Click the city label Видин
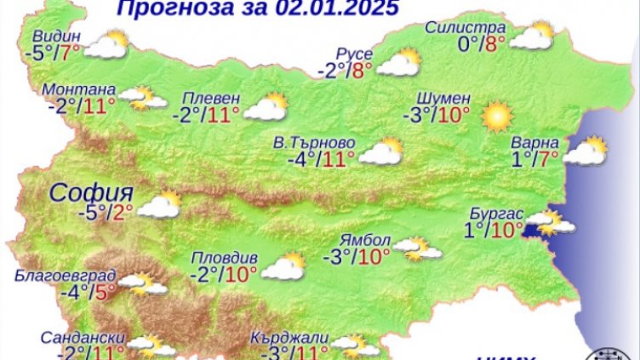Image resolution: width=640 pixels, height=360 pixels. pyautogui.click(x=59, y=36)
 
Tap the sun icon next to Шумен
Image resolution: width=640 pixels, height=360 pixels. pyautogui.click(x=496, y=115)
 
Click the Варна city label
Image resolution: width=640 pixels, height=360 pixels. pyautogui.click(x=536, y=141)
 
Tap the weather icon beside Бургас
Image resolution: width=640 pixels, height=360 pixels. pyautogui.click(x=550, y=223)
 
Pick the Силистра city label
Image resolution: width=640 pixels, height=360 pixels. pyautogui.click(x=466, y=26)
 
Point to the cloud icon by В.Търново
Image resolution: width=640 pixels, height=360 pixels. pyautogui.click(x=380, y=151)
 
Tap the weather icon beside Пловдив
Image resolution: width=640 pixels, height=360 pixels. pyautogui.click(x=283, y=266)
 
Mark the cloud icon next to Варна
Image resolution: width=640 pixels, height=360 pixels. pyautogui.click(x=586, y=151)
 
